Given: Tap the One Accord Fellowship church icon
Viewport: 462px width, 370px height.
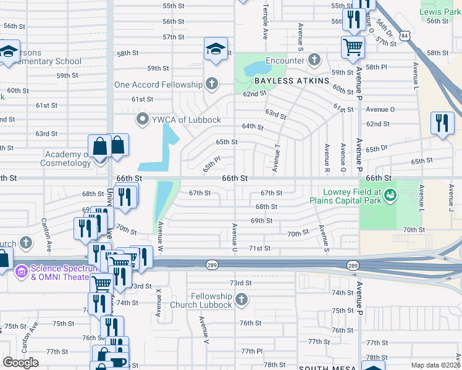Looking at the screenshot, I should point(212,84).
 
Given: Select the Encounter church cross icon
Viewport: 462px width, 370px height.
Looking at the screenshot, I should point(314,60).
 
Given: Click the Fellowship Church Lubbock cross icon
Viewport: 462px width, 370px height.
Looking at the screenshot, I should point(241,300).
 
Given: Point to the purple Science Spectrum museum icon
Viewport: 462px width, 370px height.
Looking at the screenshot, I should point(22,269).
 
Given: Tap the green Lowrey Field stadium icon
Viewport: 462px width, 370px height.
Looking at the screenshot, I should point(390,195).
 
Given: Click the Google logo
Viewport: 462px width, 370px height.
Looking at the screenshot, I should point(20,363).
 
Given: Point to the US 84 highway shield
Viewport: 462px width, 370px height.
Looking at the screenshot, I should point(404,36).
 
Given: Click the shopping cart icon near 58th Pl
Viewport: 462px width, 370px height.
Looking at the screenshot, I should point(353,46).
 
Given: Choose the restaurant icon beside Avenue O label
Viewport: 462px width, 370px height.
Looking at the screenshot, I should point(442,123).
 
